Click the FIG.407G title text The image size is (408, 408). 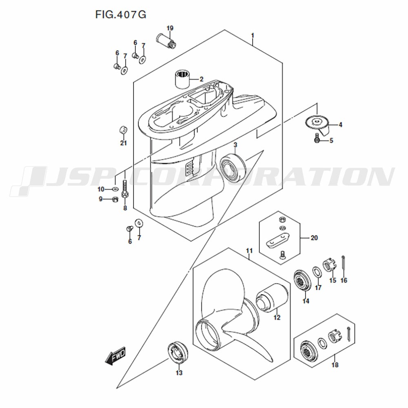(x=120, y=15)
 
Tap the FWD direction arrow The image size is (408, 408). (x=115, y=355)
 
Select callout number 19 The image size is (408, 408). (x=170, y=28)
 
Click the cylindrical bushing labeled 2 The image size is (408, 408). (x=182, y=79)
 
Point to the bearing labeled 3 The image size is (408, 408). (x=233, y=166)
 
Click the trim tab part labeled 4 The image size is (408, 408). (x=317, y=124)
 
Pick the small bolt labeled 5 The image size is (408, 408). (x=317, y=137)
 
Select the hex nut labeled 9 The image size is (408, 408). (x=114, y=200)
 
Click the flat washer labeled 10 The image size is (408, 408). (x=115, y=188)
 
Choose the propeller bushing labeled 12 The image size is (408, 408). (x=272, y=297)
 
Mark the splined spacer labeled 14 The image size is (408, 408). (x=302, y=281)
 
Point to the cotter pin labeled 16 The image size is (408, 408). (x=344, y=263)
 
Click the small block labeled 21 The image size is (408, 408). (x=123, y=130)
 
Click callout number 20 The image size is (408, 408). (x=314, y=238)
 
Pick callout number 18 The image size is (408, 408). (x=335, y=365)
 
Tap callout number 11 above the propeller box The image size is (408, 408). (x=249, y=251)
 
